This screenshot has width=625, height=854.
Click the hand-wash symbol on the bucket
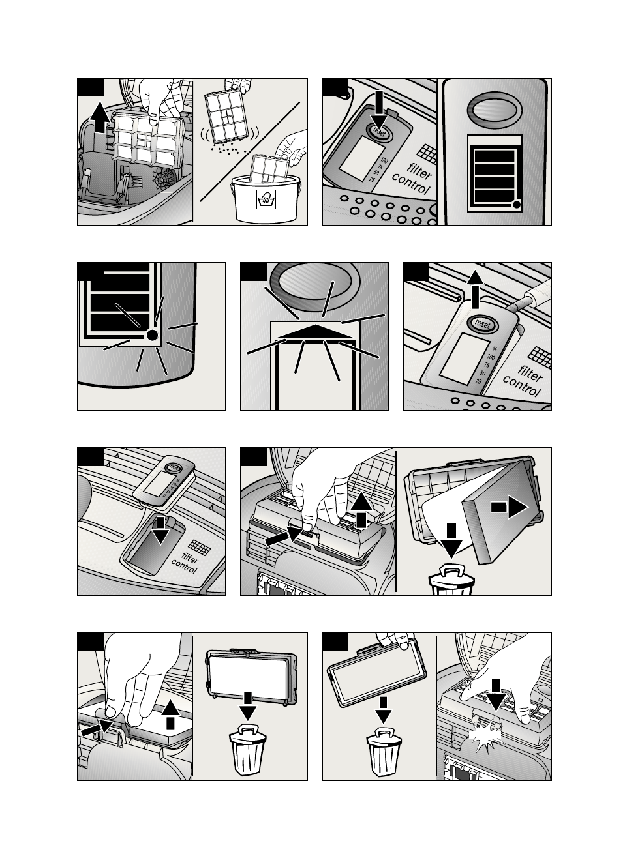266,199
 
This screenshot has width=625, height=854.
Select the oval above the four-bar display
495,110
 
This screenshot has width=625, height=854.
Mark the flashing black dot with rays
152,335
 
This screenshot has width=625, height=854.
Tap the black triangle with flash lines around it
315,332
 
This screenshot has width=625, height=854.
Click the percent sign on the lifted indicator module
495,348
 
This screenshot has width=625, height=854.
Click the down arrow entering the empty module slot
160,531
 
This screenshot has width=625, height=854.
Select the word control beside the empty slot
184,566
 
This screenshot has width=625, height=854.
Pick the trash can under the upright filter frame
248,751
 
